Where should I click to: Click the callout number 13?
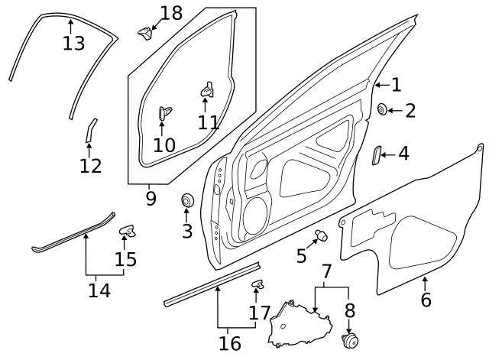click(73, 43)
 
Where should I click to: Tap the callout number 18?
click(171, 13)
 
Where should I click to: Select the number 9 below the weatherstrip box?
click(151, 199)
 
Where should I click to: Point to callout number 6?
click(426, 299)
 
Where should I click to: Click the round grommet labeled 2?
click(382, 110)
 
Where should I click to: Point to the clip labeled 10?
click(163, 113)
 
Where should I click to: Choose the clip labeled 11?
click(206, 89)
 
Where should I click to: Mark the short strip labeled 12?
click(89, 130)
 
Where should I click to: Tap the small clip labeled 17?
click(257, 285)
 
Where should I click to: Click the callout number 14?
click(99, 290)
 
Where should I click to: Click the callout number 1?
click(396, 85)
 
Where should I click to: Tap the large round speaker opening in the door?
click(254, 216)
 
